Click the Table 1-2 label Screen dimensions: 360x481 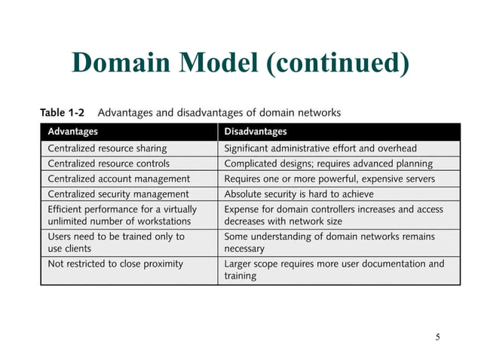pyautogui.click(x=62, y=113)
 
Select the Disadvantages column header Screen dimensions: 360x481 pyautogui.click(x=256, y=132)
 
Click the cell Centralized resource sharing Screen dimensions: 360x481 pyautogui.click(x=107, y=148)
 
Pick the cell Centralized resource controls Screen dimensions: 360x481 pyautogui.click(x=109, y=163)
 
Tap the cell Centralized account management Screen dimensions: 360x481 pyautogui.click(x=118, y=178)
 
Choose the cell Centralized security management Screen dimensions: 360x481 pyautogui.click(x=118, y=194)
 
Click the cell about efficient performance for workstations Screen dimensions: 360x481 pyautogui.click(x=122, y=215)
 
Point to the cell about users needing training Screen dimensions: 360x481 pyautogui.click(x=116, y=242)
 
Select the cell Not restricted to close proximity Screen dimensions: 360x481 pyautogui.click(x=115, y=264)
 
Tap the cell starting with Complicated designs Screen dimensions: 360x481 pyautogui.click(x=328, y=163)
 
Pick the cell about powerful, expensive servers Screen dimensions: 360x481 pyautogui.click(x=329, y=178)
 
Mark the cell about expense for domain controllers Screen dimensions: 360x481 pyautogui.click(x=333, y=215)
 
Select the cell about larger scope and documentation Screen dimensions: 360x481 pyautogui.click(x=334, y=270)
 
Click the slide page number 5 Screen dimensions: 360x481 pyautogui.click(x=437, y=336)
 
